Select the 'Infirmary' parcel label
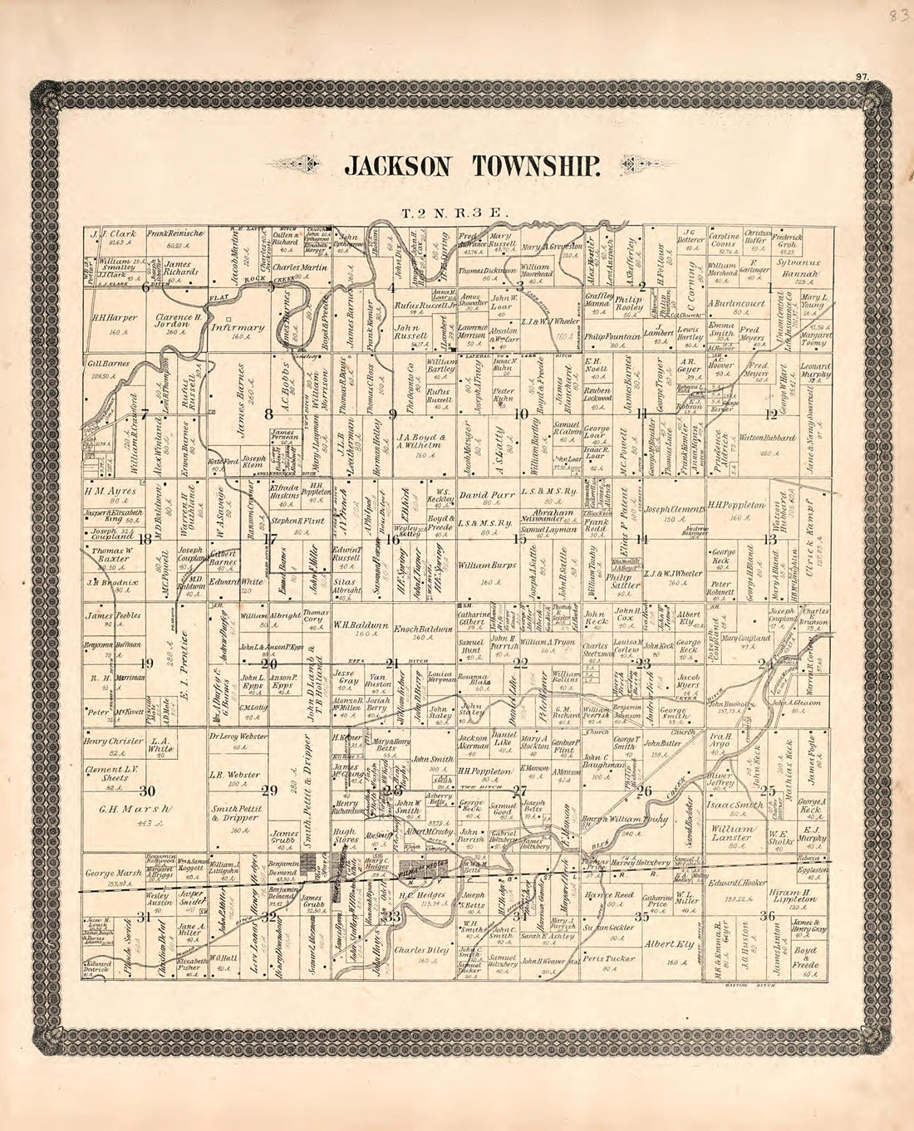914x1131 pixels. [x=237, y=327]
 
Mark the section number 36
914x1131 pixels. [x=768, y=916]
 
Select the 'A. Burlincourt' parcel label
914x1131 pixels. [x=736, y=304]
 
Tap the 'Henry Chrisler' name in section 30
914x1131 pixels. [x=114, y=742]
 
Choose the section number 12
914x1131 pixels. [x=770, y=414]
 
